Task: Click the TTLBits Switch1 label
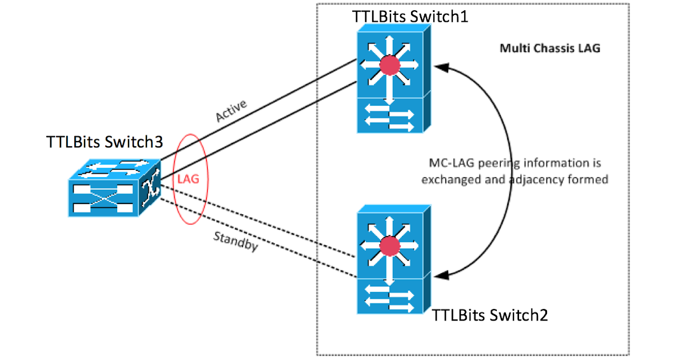tap(410, 17)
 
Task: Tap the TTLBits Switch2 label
tap(490, 314)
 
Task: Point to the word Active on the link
tap(231, 110)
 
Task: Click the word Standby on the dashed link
tap(234, 242)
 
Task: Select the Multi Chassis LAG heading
tap(550, 48)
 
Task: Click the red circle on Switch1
tap(390, 66)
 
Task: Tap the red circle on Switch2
tap(390, 246)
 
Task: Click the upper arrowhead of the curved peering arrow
tap(442, 69)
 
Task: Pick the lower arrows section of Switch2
tap(390, 296)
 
